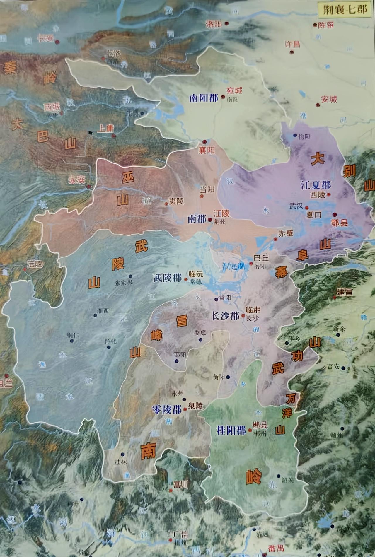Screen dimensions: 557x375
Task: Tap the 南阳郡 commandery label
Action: click(204, 98)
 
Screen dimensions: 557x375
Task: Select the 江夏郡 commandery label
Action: click(316, 185)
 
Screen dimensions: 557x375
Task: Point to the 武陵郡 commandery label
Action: click(167, 278)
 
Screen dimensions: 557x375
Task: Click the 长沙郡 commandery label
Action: click(225, 316)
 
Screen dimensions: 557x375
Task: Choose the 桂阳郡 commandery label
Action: click(231, 430)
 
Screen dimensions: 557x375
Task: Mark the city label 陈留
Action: click(326, 25)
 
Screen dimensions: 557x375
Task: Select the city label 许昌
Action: click(292, 44)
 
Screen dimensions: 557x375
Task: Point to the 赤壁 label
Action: click(285, 233)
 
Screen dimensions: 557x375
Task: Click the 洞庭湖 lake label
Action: click(233, 266)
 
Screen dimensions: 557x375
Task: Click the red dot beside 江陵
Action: click(210, 219)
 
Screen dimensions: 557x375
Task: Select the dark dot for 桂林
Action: click(122, 455)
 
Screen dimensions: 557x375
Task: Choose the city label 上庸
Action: click(105, 129)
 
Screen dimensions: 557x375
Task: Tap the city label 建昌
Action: click(344, 292)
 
